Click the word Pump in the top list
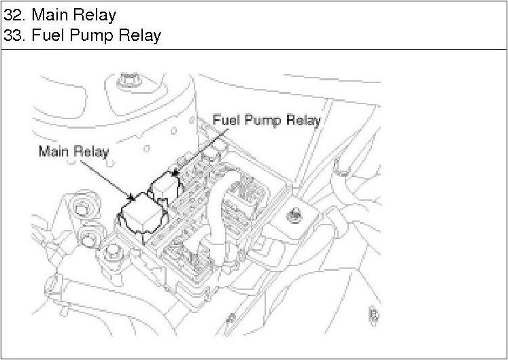point(95,35)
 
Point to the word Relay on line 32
point(97,14)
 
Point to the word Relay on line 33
point(139,35)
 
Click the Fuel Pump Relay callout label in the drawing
point(266,120)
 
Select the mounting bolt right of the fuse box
point(294,216)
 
